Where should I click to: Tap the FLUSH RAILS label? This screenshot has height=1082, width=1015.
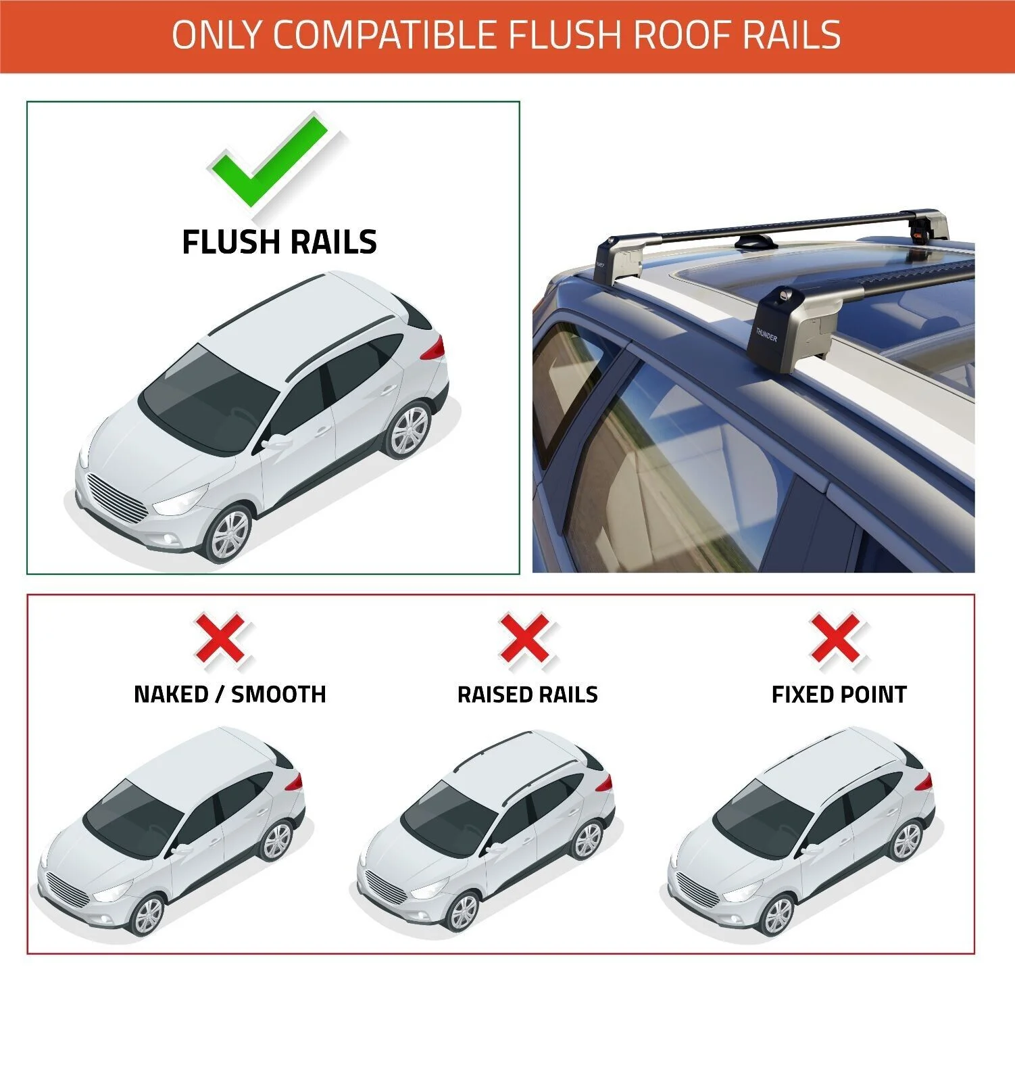[279, 242]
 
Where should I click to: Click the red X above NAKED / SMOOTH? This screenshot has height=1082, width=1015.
[221, 637]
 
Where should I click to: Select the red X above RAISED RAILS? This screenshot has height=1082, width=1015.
[525, 637]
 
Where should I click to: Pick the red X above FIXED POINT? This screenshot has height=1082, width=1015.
[836, 637]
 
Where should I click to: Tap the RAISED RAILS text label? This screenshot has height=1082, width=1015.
[527, 695]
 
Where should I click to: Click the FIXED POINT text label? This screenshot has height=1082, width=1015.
[839, 695]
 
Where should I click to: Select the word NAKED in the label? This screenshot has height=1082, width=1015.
[170, 695]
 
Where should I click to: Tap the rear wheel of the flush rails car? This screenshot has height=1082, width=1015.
[409, 431]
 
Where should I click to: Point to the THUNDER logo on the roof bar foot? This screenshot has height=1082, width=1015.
[766, 334]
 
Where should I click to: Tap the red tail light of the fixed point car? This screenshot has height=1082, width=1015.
[924, 782]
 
